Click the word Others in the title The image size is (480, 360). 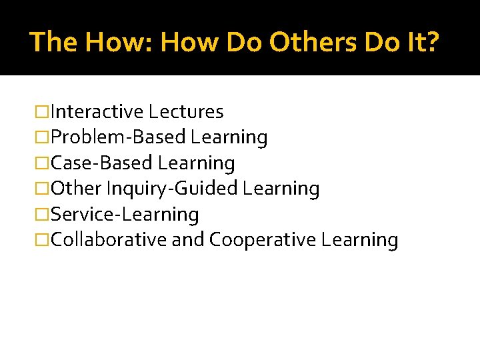coord(312,41)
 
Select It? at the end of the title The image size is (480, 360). coord(422,41)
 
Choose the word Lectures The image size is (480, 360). coord(186,111)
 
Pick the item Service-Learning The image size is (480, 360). coord(125,215)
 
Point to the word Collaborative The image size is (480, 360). coord(109,240)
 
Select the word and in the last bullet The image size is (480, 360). coord(187,240)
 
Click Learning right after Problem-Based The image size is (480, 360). coord(229,137)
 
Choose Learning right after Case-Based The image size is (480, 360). coord(197,163)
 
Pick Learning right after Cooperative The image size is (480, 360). coord(359,240)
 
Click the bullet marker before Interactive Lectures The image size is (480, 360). coord(42,111)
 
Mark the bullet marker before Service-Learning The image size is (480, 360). coord(42,215)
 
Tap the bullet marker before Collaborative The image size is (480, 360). coord(42,240)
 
